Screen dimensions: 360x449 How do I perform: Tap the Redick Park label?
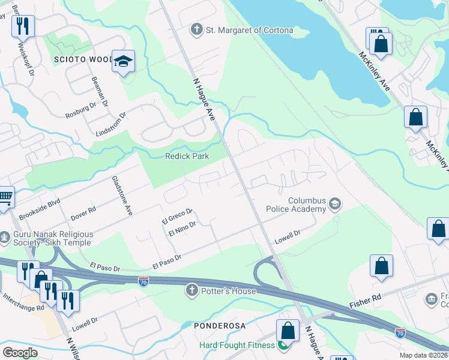(187, 157)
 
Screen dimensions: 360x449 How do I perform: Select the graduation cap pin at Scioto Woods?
(124, 62)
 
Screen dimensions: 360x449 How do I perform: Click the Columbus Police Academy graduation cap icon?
(334, 205)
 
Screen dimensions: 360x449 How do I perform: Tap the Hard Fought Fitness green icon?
(283, 345)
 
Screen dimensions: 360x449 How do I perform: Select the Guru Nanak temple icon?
(5, 238)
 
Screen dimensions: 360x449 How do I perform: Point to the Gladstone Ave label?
(121, 196)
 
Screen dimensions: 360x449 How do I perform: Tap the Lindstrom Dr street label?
(110, 124)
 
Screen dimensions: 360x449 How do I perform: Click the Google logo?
(20, 352)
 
